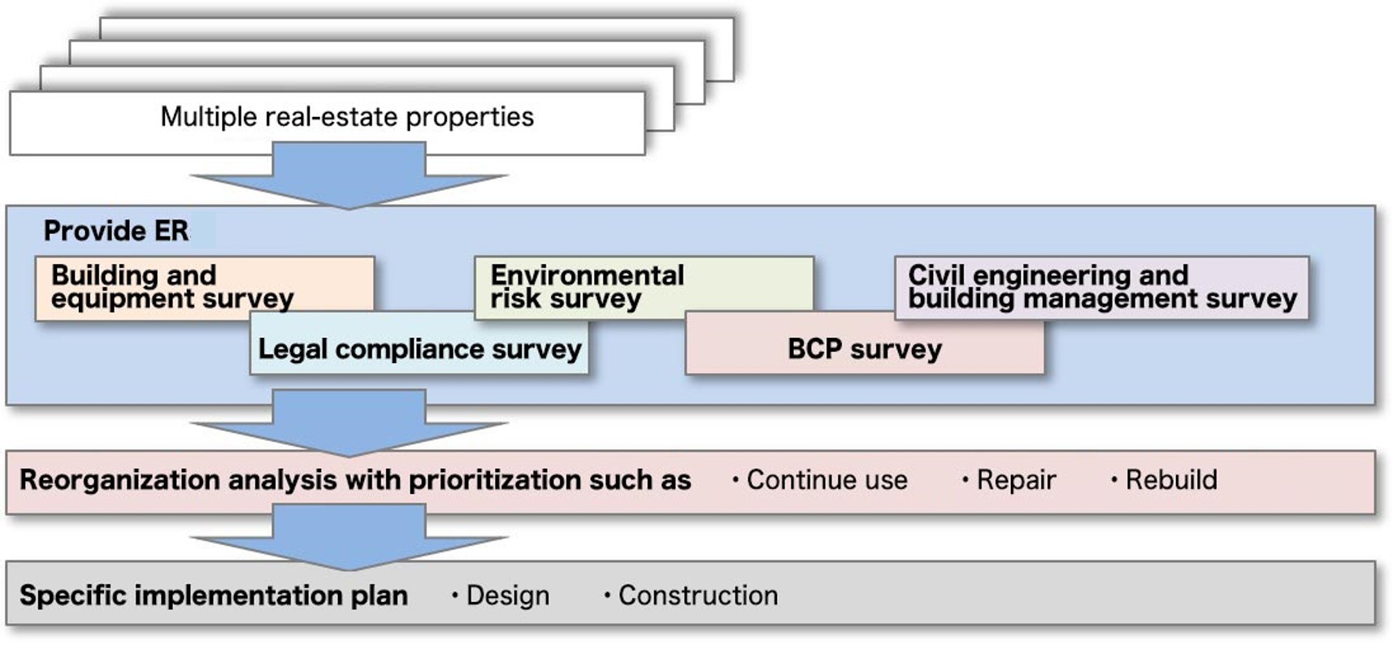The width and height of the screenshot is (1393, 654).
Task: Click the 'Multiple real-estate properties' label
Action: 347,117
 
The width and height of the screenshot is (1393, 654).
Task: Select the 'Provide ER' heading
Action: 116,232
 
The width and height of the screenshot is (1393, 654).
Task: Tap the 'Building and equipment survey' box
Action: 172,287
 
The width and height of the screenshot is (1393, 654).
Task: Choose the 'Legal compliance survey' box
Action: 419,349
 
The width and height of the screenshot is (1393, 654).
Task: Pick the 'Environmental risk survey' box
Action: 587,287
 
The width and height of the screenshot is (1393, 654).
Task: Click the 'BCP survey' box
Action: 864,349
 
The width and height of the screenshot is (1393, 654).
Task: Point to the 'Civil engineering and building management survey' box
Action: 1101,287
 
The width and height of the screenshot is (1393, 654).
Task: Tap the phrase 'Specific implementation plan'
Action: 214,596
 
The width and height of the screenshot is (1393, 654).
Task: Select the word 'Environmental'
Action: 587,275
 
